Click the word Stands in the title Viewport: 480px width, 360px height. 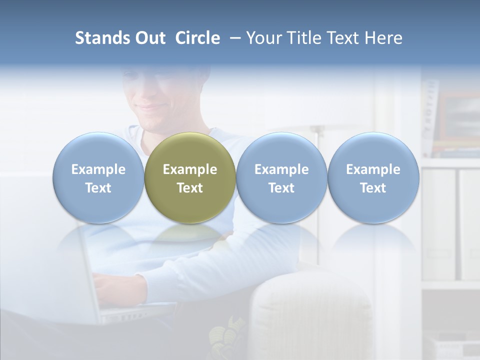coord(99,38)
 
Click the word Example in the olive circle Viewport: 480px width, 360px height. coord(190,169)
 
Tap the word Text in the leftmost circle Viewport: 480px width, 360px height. coord(98,188)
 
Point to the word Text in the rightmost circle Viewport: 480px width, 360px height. coord(373,188)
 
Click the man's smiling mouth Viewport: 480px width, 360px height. coord(150,108)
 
